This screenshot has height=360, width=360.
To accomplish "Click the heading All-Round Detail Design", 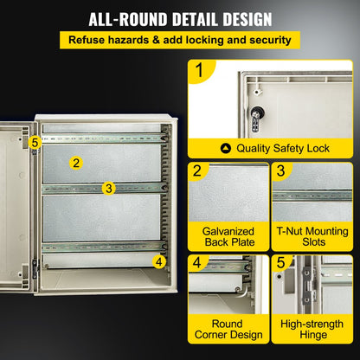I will click(x=180, y=18).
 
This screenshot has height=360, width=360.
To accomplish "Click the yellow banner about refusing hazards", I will click(x=180, y=40).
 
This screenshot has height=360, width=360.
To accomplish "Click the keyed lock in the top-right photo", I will click(x=257, y=113).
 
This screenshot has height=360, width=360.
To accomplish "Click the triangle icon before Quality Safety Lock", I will click(x=226, y=148).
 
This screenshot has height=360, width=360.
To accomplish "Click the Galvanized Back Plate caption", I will click(x=228, y=238).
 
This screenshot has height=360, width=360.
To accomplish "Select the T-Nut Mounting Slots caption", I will click(x=312, y=238).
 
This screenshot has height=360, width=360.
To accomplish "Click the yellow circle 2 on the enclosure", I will click(x=76, y=162).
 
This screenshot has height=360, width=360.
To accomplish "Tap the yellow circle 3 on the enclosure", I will click(x=108, y=187).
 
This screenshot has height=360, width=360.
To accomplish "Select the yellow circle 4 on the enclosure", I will click(x=159, y=260).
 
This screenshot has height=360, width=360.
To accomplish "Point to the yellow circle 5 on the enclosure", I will click(x=35, y=142).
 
